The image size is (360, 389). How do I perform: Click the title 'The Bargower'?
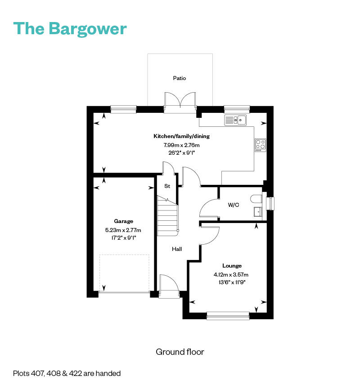click(70, 28)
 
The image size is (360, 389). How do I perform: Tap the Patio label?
click(180, 78)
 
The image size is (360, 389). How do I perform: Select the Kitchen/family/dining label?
click(181, 136)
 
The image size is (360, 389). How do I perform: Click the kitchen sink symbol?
click(235, 120)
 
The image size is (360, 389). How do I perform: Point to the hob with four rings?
click(260, 144)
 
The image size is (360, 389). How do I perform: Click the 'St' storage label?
click(167, 186)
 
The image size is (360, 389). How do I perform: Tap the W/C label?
click(234, 205)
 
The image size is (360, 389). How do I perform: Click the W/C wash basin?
click(258, 212)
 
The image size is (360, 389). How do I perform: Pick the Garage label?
click(123, 221)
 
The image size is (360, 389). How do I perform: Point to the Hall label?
click(177, 249)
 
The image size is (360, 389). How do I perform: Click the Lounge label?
click(232, 266)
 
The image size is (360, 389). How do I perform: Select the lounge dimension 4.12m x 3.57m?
click(231, 275)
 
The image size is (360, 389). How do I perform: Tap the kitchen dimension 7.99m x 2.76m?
click(181, 145)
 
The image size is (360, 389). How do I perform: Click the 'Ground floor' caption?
click(180, 352)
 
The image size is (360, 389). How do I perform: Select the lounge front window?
click(228, 316)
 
